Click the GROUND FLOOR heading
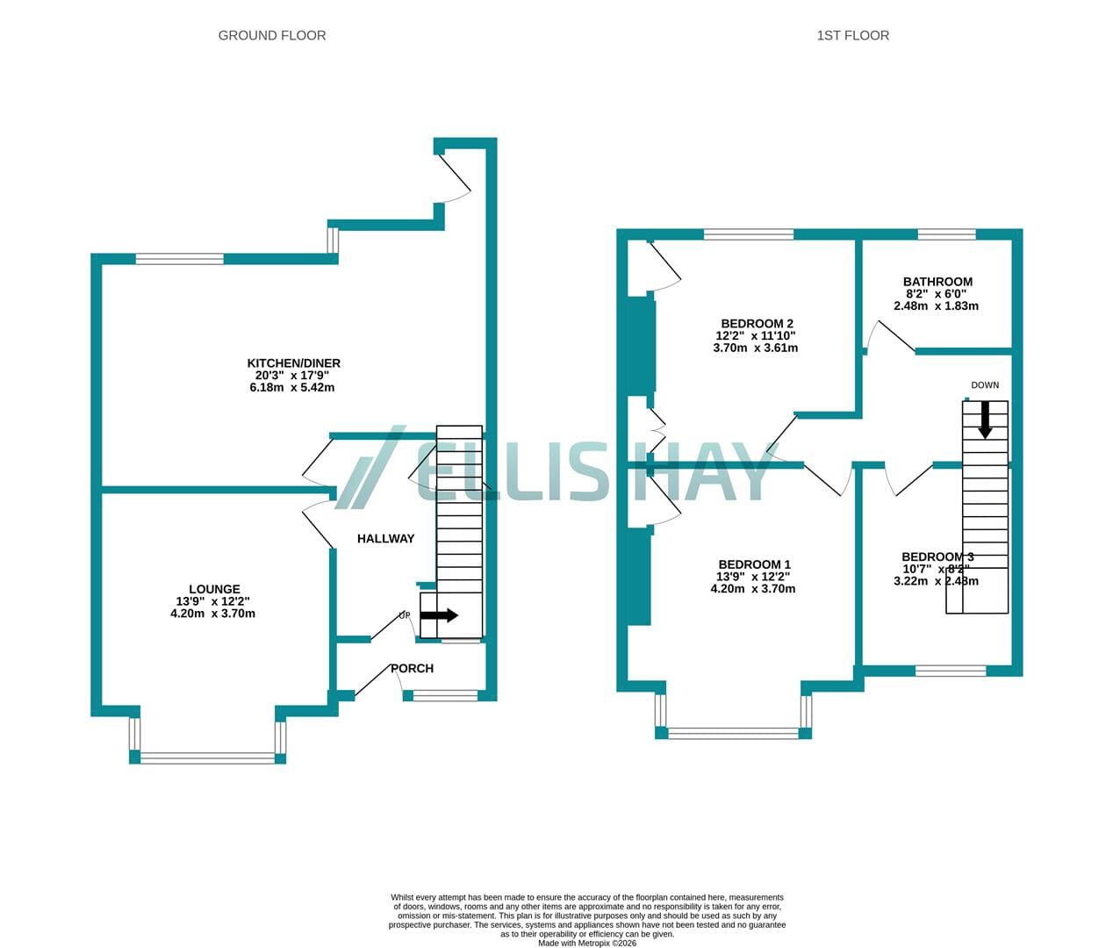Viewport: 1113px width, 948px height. [272, 35]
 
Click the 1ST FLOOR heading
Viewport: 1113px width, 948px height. [853, 35]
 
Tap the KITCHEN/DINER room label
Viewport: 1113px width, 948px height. [293, 363]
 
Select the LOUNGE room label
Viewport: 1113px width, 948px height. [214, 589]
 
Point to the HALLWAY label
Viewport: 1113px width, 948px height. [385, 539]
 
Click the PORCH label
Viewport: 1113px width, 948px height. [412, 669]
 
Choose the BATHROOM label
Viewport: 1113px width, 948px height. [938, 282]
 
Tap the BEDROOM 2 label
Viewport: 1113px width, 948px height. [758, 324]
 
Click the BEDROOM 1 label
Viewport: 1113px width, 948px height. [754, 564]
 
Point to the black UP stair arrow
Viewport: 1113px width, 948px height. [439, 615]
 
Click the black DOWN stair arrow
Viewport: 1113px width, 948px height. [985, 420]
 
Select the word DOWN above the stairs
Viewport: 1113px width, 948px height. [985, 385]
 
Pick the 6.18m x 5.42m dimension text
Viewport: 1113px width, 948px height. [291, 388]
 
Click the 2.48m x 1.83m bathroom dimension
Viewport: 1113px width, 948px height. [936, 306]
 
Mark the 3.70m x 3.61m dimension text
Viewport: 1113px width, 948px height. [756, 348]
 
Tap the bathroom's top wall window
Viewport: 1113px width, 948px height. [946, 234]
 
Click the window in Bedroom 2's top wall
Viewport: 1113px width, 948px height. [749, 234]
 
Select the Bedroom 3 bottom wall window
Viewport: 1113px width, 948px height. [951, 671]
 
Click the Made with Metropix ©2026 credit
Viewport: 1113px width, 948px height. [587, 943]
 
